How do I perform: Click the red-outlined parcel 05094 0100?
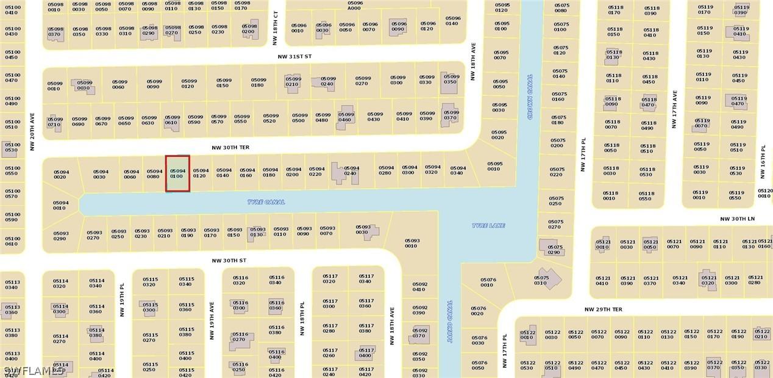177,173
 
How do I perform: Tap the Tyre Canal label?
266,202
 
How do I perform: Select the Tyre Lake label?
488,226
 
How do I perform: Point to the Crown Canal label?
530,96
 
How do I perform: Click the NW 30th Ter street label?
230,148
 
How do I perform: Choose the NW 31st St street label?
294,56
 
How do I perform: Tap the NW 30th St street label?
229,261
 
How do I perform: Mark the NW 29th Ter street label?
604,310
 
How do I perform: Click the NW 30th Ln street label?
737,219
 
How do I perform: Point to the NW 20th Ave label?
32,131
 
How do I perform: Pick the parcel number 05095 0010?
494,165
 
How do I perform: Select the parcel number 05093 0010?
412,243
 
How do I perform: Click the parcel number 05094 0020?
60,174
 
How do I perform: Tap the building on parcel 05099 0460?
346,114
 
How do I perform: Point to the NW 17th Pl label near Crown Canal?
583,154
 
